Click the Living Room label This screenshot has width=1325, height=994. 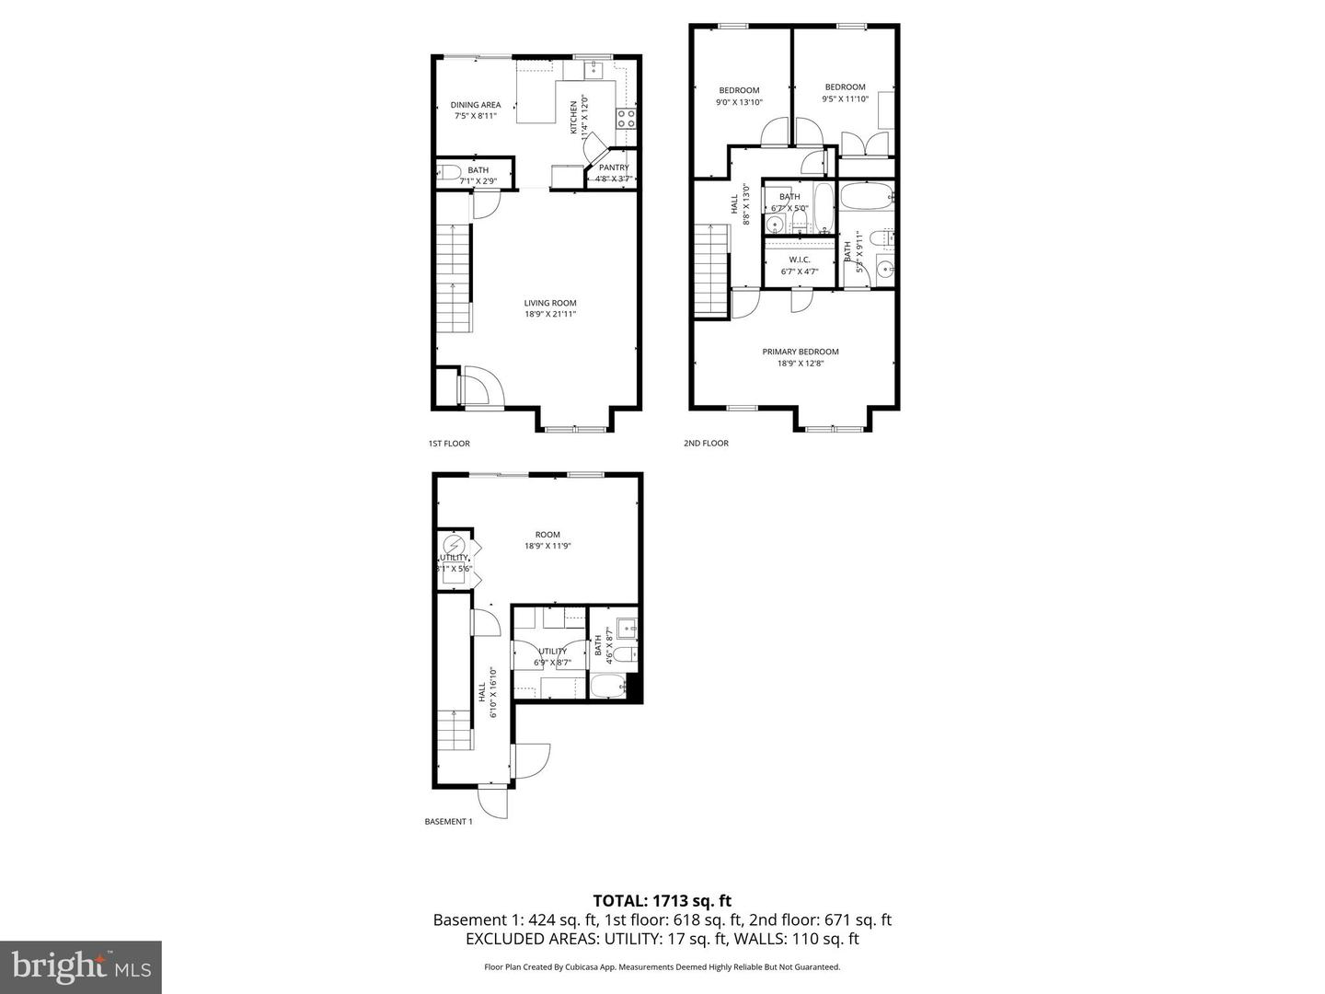click(x=550, y=303)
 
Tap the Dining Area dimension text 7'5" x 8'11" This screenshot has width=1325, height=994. click(x=476, y=116)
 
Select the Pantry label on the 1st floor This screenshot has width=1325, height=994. click(x=614, y=168)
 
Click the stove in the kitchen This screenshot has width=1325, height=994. click(x=626, y=118)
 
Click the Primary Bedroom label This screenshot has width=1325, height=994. click(x=800, y=352)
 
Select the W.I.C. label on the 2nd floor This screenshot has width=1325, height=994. click(x=799, y=260)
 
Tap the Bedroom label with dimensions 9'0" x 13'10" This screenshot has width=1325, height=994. click(x=739, y=90)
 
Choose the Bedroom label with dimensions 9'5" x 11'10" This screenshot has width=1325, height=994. click(x=845, y=87)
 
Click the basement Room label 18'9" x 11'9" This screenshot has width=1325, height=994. click(x=547, y=535)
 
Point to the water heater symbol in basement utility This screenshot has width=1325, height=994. click(x=452, y=544)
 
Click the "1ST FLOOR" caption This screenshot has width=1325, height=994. click(x=449, y=444)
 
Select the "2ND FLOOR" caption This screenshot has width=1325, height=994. click(x=706, y=444)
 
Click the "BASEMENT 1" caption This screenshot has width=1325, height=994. click(x=448, y=822)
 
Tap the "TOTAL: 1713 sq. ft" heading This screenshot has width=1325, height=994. click(x=662, y=901)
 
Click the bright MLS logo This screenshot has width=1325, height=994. click(x=81, y=966)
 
